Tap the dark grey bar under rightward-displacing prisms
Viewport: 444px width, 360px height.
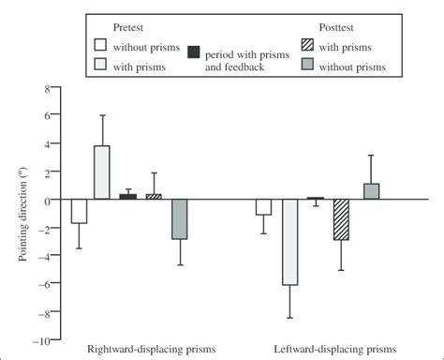(179, 219)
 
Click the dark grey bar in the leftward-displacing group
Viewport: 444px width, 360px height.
(370, 191)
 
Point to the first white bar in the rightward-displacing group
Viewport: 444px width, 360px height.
(79, 211)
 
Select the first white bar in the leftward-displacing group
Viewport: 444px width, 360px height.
(264, 207)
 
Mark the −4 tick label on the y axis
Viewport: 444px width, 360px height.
(39, 256)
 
